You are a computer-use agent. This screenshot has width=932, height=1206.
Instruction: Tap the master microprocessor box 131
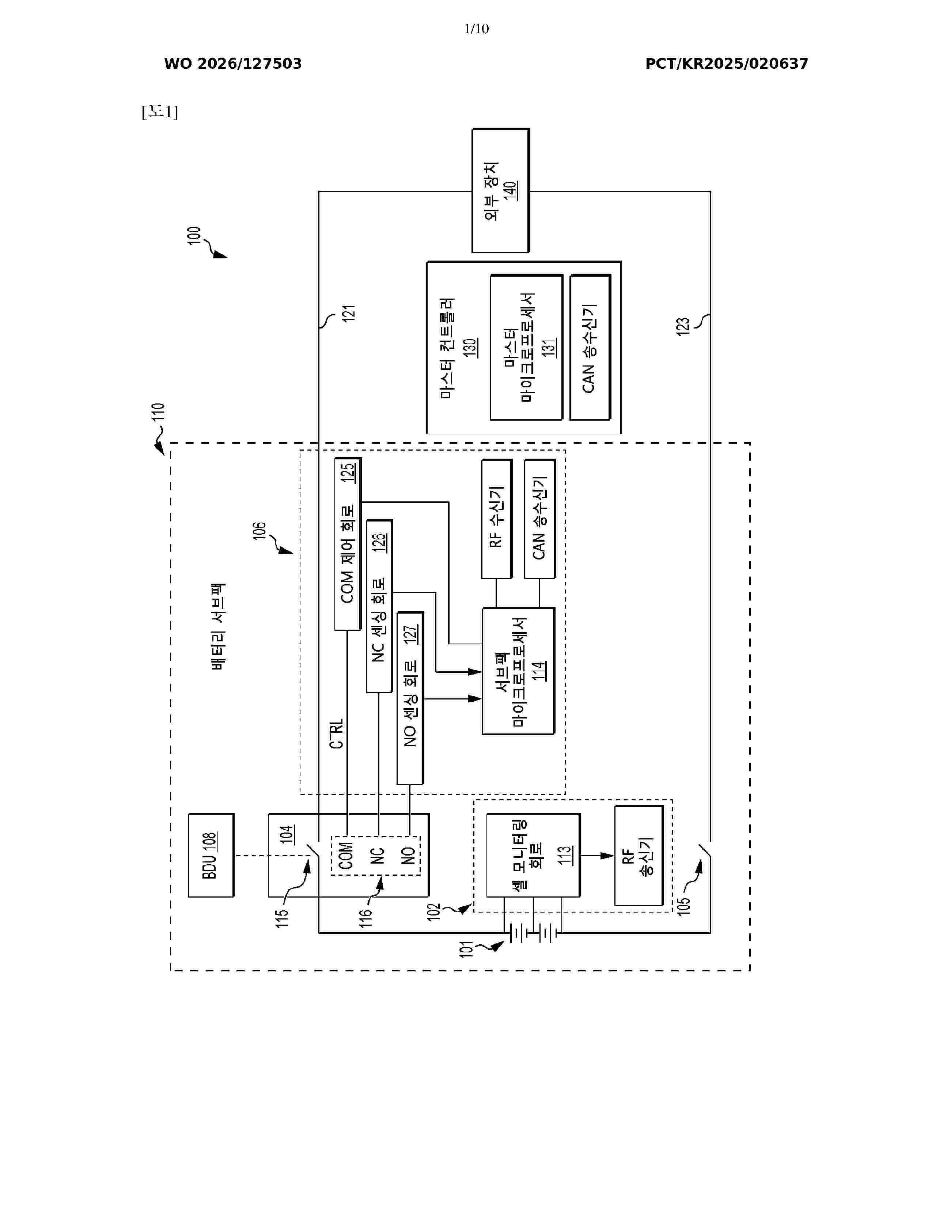(526, 347)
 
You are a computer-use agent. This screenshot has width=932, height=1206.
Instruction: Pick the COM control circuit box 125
(348, 544)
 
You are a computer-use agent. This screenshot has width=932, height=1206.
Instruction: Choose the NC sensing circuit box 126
(379, 606)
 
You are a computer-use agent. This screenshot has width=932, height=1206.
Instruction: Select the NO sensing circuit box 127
(410, 698)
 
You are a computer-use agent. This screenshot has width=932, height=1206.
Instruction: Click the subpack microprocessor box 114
(518, 671)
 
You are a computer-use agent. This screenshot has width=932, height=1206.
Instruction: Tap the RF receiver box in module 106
(496, 519)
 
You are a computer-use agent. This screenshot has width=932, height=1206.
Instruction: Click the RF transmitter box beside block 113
(639, 856)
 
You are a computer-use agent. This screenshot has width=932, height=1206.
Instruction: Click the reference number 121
(348, 313)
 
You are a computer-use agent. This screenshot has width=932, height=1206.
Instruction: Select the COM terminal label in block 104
(346, 856)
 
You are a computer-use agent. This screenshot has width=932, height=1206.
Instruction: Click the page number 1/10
(476, 29)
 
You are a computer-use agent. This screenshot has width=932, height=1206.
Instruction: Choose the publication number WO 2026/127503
(233, 64)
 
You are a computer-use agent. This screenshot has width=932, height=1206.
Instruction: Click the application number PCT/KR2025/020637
(727, 64)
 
